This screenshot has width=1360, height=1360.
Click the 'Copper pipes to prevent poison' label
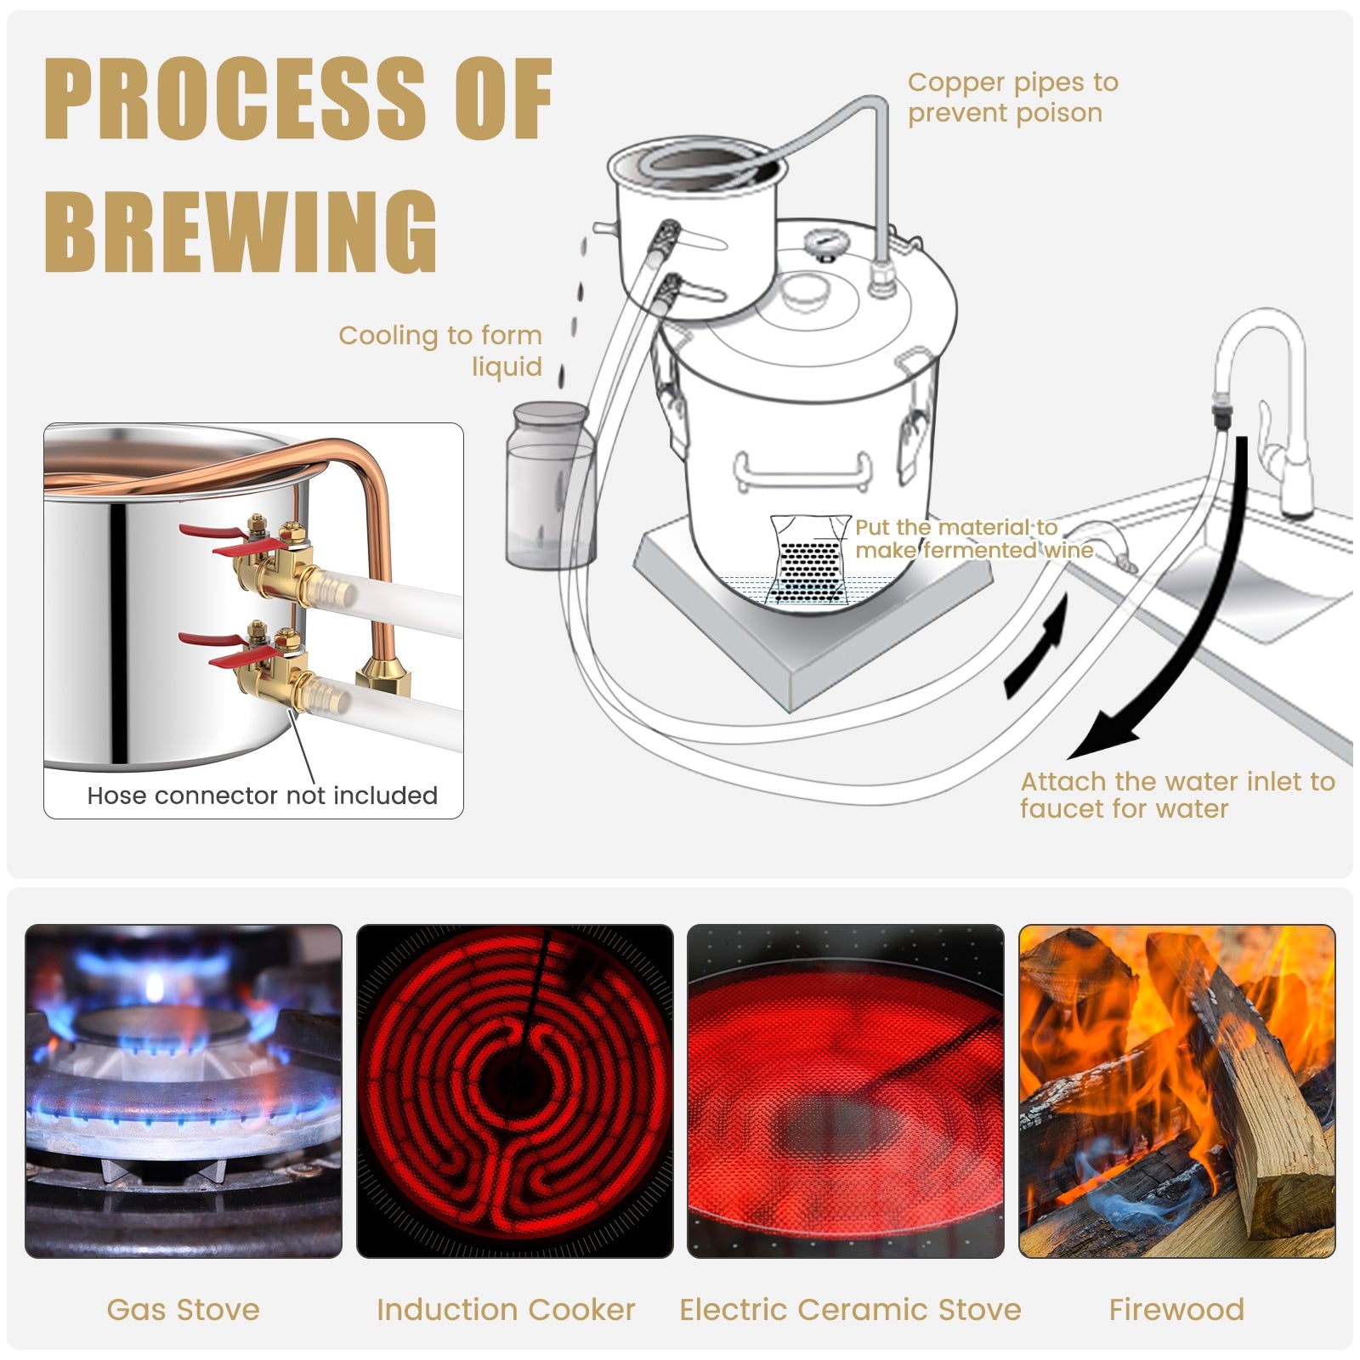[x=1012, y=97]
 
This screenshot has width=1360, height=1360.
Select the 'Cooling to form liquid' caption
[x=440, y=350]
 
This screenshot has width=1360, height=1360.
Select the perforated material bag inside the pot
[x=809, y=558]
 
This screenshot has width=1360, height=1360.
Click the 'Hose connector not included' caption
[x=262, y=796]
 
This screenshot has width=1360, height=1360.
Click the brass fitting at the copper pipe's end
[x=383, y=676]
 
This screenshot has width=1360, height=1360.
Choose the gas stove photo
[x=184, y=1091]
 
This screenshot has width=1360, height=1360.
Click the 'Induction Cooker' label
[x=506, y=1310]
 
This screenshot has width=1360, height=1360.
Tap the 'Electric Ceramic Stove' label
[x=850, y=1310]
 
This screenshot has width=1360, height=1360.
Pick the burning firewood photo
[x=1177, y=1091]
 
